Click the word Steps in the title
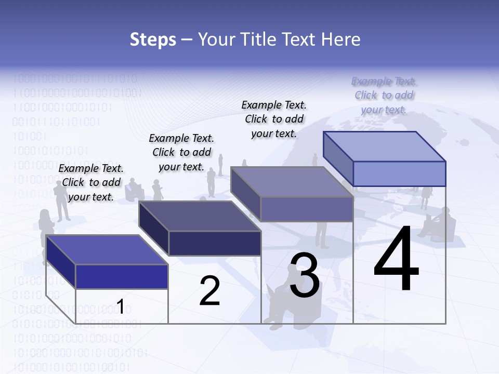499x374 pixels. click(x=153, y=39)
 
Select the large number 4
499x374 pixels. click(x=396, y=260)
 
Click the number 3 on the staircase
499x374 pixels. click(x=305, y=275)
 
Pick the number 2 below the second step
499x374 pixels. click(x=209, y=291)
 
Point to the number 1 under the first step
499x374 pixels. click(x=120, y=307)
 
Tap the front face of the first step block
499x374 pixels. click(x=122, y=276)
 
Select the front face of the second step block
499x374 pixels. click(x=215, y=243)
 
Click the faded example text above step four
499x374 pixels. click(x=384, y=95)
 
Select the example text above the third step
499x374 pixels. click(x=274, y=119)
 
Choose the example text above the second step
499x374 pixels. click(x=181, y=152)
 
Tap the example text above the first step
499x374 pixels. click(x=91, y=182)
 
